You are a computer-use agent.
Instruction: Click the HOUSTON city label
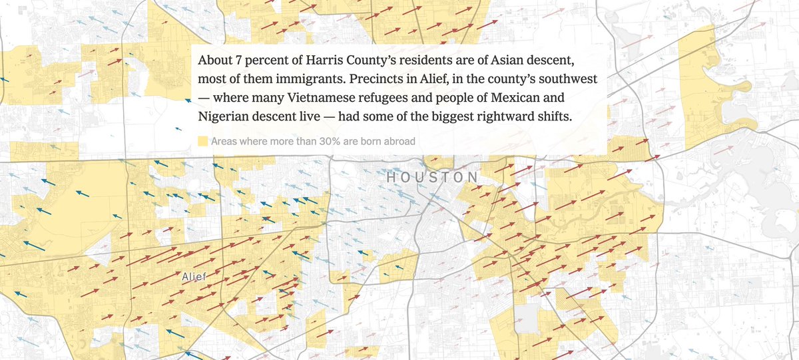[x=432, y=178]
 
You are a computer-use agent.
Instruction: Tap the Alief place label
[x=194, y=276]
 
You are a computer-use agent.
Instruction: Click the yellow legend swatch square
[x=202, y=141]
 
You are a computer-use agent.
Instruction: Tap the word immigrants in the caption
[x=312, y=79]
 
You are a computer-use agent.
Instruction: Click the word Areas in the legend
[x=224, y=141]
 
